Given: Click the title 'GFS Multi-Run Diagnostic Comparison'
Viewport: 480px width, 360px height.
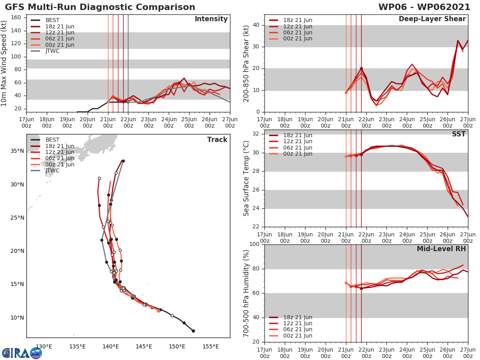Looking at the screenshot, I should coord(100,7).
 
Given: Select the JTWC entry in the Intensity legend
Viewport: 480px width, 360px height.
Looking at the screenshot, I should coord(52,51).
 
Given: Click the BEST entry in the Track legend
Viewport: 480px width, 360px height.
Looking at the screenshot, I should coord(52,140).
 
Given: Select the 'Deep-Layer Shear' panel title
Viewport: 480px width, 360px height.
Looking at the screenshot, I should coord(432,19).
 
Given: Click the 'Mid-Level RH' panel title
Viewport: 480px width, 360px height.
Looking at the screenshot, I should coord(441,249).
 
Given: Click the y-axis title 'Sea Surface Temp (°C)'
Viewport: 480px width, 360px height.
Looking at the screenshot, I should coord(246,178).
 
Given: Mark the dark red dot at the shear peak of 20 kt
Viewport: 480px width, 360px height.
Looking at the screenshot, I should coord(361,69).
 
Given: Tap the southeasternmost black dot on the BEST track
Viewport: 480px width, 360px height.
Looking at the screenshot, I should coord(193,331).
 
